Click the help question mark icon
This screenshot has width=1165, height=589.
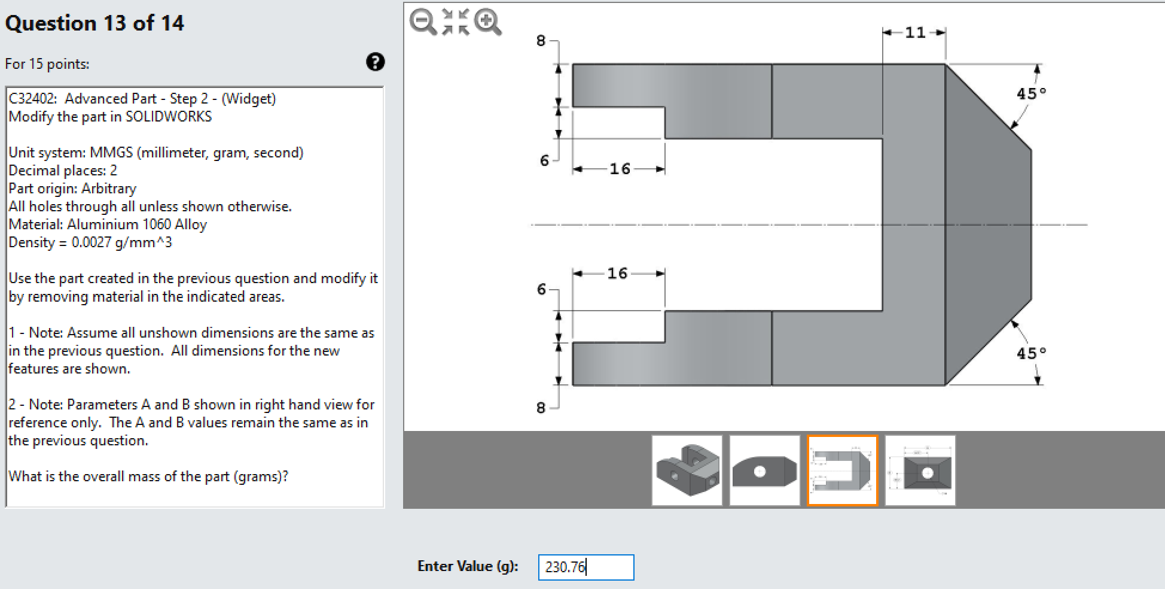tap(375, 62)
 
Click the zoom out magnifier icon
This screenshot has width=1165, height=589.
tap(423, 22)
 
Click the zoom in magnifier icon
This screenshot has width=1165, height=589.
tap(487, 22)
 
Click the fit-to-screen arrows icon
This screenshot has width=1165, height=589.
tap(455, 22)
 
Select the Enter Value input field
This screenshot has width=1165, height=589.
tap(585, 567)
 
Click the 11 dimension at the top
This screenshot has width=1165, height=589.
tap(914, 32)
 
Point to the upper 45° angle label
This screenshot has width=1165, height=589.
tap(1031, 93)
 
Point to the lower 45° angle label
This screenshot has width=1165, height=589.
tap(1031, 353)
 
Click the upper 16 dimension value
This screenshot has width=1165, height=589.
tap(620, 169)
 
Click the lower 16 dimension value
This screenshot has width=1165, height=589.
tap(617, 274)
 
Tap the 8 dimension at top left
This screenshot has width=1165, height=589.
tap(541, 41)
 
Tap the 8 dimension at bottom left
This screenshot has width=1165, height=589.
tap(541, 408)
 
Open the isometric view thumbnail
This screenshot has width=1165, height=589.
tap(687, 470)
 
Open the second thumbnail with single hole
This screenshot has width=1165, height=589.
tap(764, 470)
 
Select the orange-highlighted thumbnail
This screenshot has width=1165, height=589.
tap(842, 470)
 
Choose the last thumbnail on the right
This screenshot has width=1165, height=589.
tap(920, 470)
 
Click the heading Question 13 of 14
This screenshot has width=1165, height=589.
tap(94, 23)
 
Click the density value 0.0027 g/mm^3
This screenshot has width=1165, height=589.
tap(121, 242)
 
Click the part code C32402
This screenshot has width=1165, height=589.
tap(32, 99)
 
